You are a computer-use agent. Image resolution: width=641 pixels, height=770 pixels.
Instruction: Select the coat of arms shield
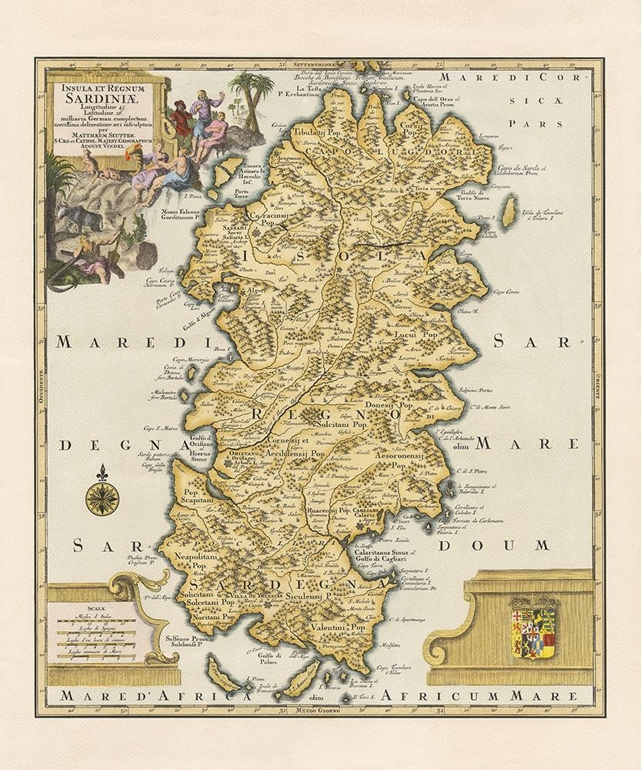(x=530, y=628)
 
